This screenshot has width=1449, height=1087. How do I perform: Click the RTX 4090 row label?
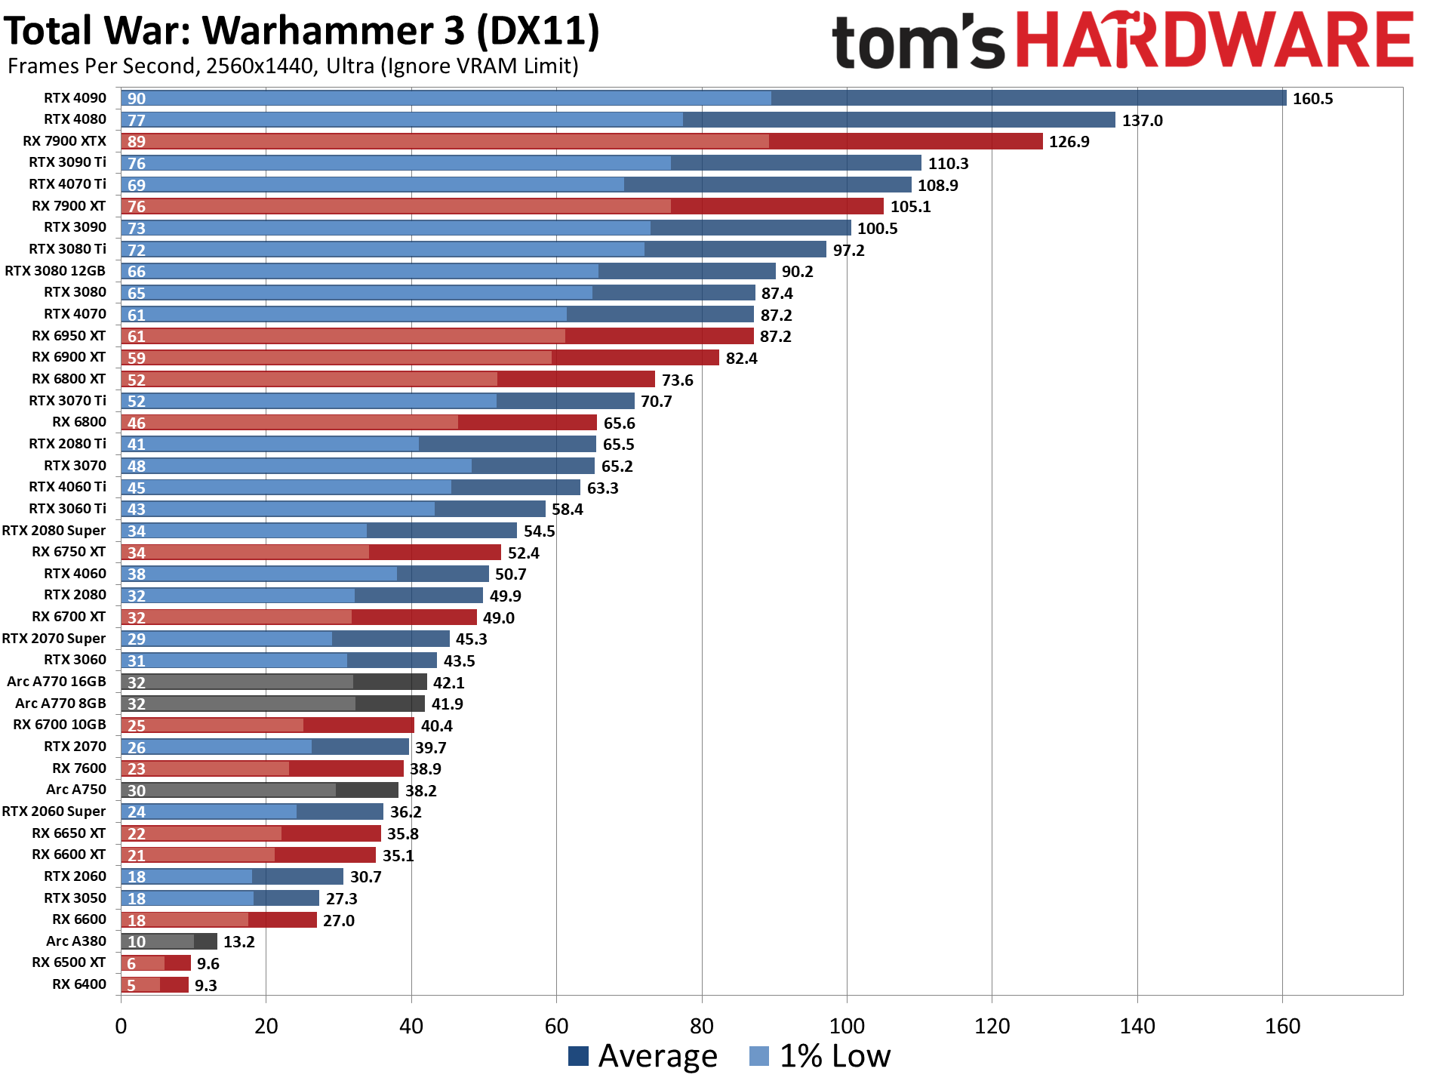[75, 98]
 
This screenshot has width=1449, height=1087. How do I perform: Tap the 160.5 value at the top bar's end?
[1312, 99]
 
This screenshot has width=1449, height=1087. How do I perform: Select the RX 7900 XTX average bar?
[906, 141]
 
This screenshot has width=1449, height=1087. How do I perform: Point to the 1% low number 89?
[137, 142]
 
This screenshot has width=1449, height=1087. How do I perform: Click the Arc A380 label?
[76, 941]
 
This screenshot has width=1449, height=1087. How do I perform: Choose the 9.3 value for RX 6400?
[205, 986]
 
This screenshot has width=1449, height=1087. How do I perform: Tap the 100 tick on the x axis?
[847, 1027]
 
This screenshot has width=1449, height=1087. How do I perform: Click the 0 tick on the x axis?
[121, 1027]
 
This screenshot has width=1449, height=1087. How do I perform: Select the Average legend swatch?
[578, 1056]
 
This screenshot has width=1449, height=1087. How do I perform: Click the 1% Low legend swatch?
[759, 1056]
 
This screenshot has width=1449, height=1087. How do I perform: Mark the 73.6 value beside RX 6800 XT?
[677, 380]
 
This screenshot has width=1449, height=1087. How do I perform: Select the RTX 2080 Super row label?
[54, 531]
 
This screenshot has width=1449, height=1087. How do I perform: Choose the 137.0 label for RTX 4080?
[1142, 121]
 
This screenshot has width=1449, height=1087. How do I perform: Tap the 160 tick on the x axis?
[1282, 1027]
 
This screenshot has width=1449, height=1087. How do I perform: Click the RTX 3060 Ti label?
[67, 509]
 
